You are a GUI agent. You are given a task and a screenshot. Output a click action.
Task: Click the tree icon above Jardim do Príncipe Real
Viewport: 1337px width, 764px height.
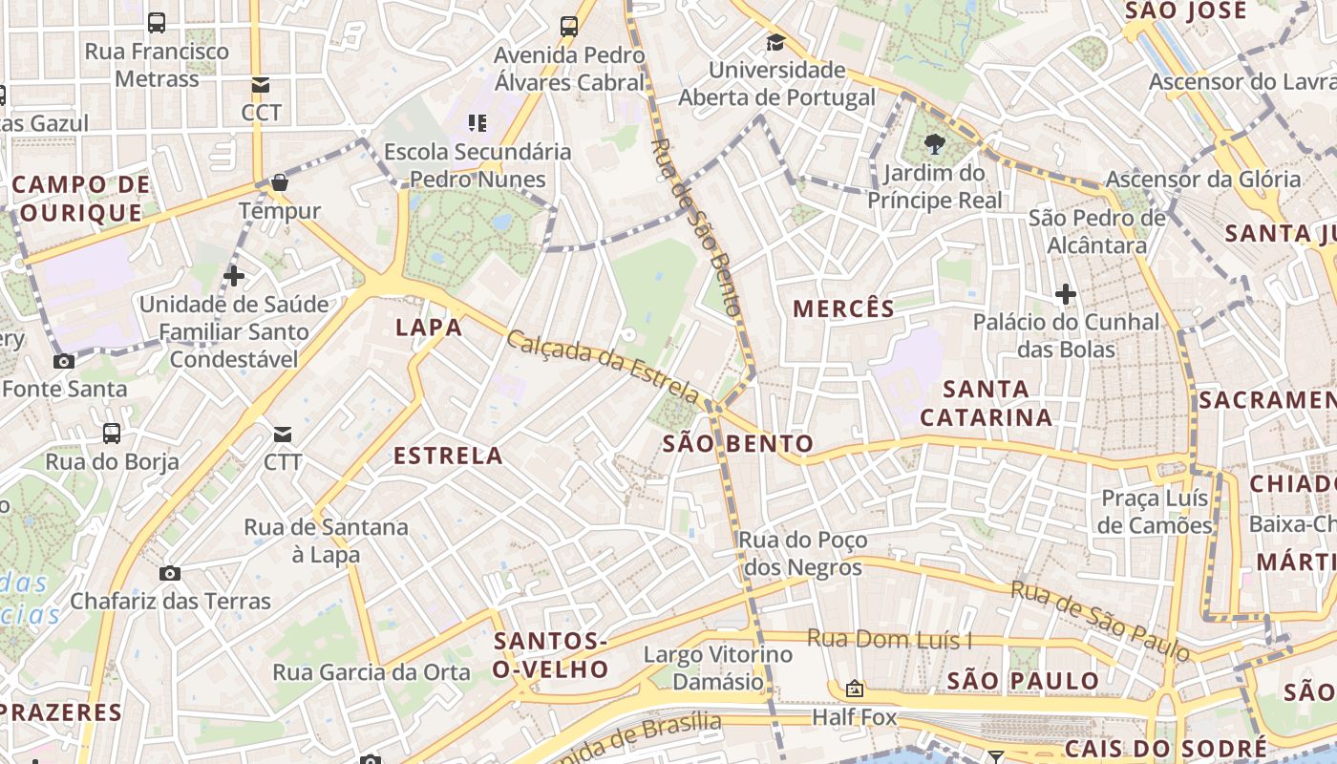point(935,145)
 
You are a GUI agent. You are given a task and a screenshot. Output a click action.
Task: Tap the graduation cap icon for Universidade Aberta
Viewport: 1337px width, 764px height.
point(775,42)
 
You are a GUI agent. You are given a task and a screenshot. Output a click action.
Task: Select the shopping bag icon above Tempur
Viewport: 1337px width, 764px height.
point(280,181)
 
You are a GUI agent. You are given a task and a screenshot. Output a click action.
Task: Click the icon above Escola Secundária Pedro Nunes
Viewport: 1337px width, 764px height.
point(477,122)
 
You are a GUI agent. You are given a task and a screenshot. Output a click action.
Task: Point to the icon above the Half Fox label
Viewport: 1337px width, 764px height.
point(854,689)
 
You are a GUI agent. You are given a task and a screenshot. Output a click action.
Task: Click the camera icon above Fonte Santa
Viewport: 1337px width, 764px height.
point(64,361)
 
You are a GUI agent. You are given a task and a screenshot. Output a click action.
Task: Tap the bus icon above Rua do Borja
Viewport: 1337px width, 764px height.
point(112,434)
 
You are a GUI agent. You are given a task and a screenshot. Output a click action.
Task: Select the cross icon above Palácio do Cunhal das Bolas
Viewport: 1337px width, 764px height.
point(1066,294)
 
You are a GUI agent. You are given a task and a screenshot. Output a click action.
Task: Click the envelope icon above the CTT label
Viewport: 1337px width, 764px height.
point(283,435)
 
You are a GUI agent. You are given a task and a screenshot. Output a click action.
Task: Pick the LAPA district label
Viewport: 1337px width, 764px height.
point(429,328)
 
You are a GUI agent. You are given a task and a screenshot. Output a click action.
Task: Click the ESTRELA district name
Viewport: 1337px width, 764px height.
point(448,456)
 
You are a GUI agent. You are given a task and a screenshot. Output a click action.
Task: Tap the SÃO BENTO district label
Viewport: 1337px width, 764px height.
point(738,443)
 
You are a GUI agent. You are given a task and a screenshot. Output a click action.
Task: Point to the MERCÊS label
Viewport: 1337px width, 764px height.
point(844,308)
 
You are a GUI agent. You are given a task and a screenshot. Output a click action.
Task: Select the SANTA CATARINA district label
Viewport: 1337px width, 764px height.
point(987,403)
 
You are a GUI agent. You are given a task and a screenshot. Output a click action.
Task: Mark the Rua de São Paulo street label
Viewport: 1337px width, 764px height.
point(1100,621)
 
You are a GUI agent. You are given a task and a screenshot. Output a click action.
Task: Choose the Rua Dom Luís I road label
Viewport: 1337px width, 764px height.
point(889,639)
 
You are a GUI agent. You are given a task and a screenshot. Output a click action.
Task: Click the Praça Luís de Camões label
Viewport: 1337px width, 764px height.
point(1155,512)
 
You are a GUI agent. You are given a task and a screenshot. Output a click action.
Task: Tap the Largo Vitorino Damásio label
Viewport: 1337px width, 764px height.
point(718,668)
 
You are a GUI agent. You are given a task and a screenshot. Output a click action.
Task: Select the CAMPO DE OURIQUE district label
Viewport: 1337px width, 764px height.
point(82,198)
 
